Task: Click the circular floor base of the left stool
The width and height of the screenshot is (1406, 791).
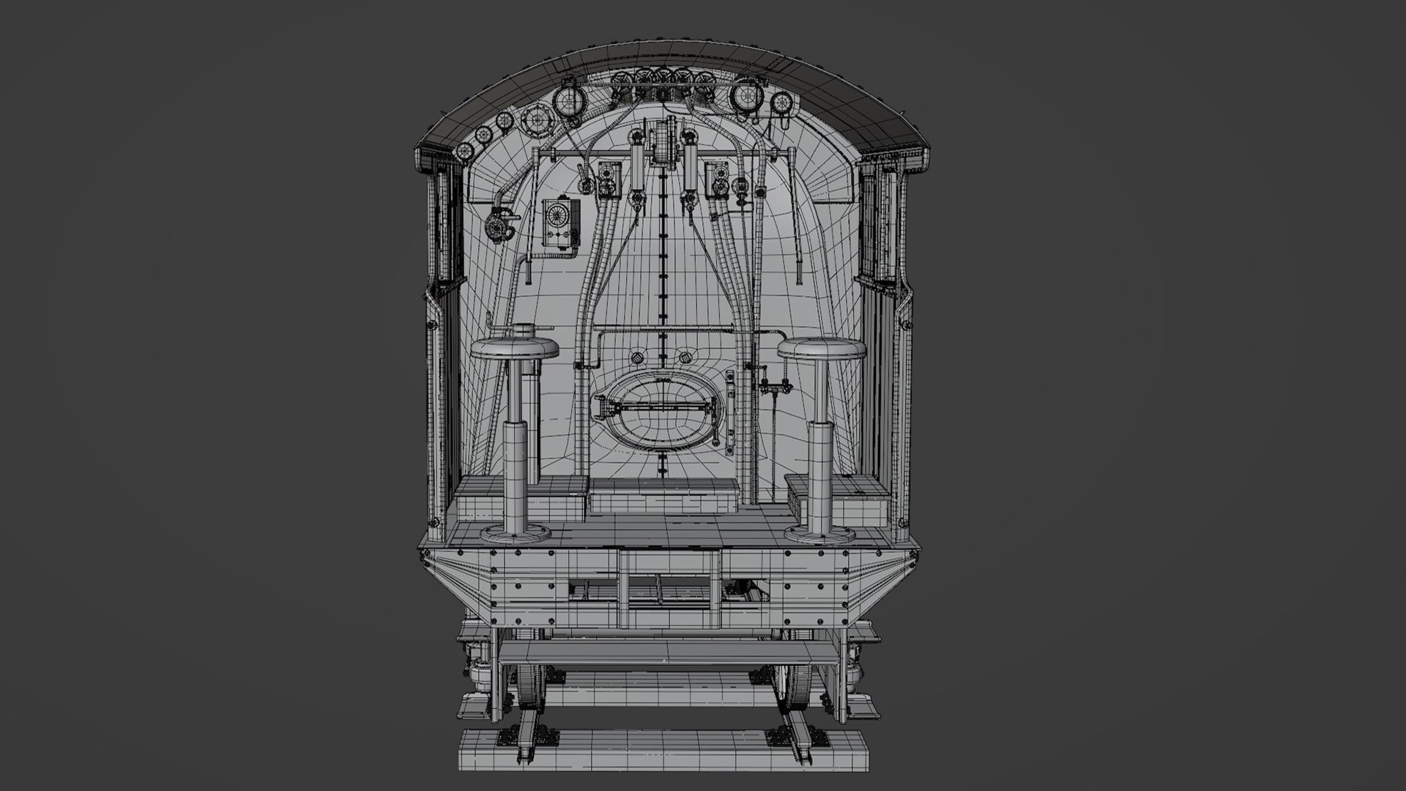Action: pos(515,532)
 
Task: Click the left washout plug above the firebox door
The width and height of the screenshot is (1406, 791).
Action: pos(637,357)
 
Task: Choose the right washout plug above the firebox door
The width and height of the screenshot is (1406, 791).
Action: pos(686,357)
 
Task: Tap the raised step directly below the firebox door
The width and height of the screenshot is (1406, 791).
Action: pos(662,498)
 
